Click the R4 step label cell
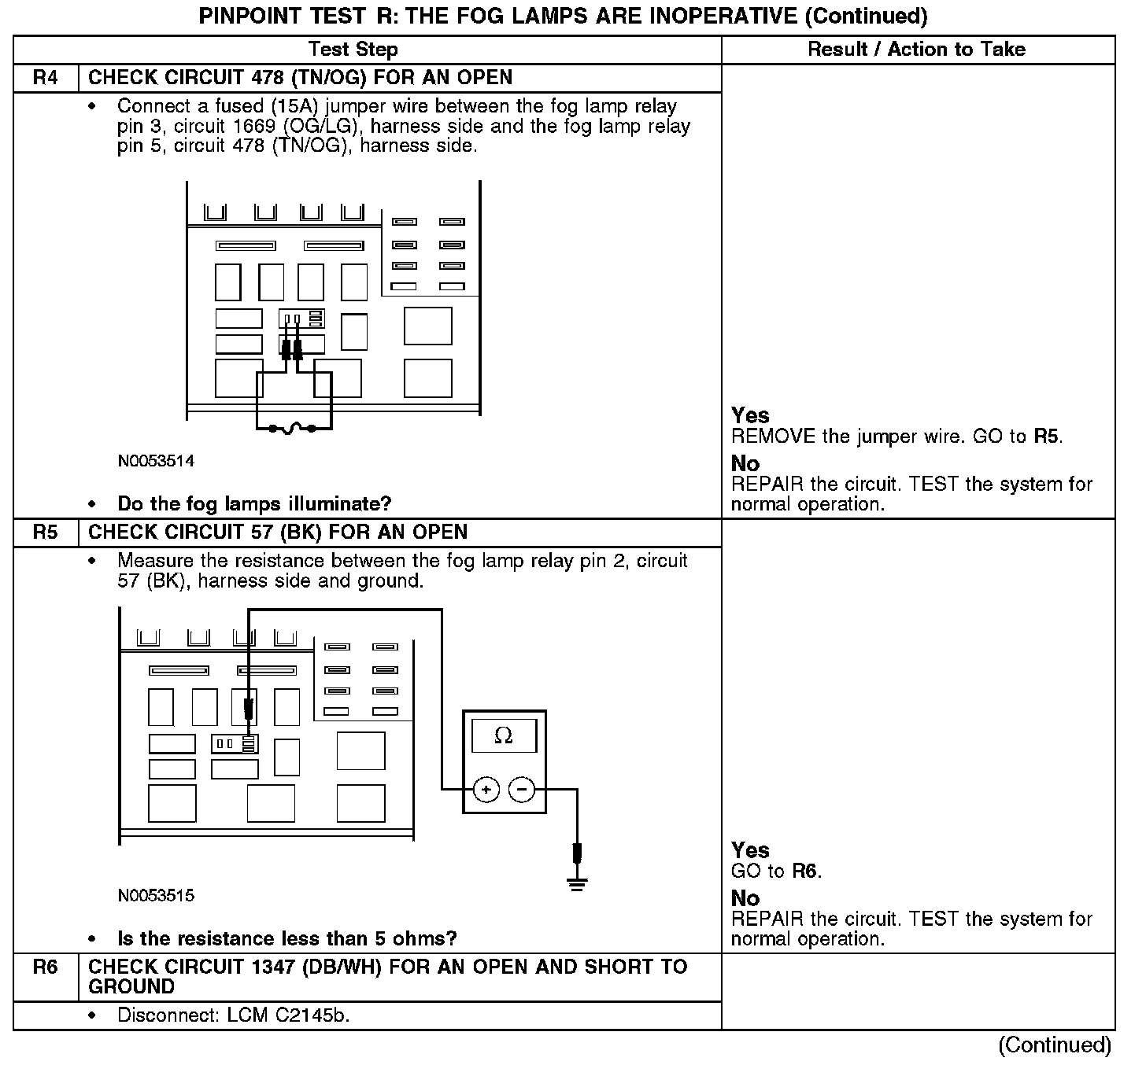(x=46, y=78)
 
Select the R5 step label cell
(x=46, y=532)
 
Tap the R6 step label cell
(x=46, y=967)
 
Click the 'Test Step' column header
(x=353, y=50)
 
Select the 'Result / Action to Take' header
(x=916, y=50)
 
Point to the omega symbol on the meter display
(x=504, y=736)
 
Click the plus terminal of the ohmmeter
(x=486, y=789)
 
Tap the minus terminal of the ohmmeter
(x=522, y=789)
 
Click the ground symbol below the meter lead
(x=578, y=884)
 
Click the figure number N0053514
(x=156, y=461)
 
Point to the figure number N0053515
(x=156, y=896)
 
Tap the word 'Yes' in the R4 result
(x=750, y=415)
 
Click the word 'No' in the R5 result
(x=745, y=898)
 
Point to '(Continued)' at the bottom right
(x=1055, y=1045)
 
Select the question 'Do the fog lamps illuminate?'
(x=254, y=503)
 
